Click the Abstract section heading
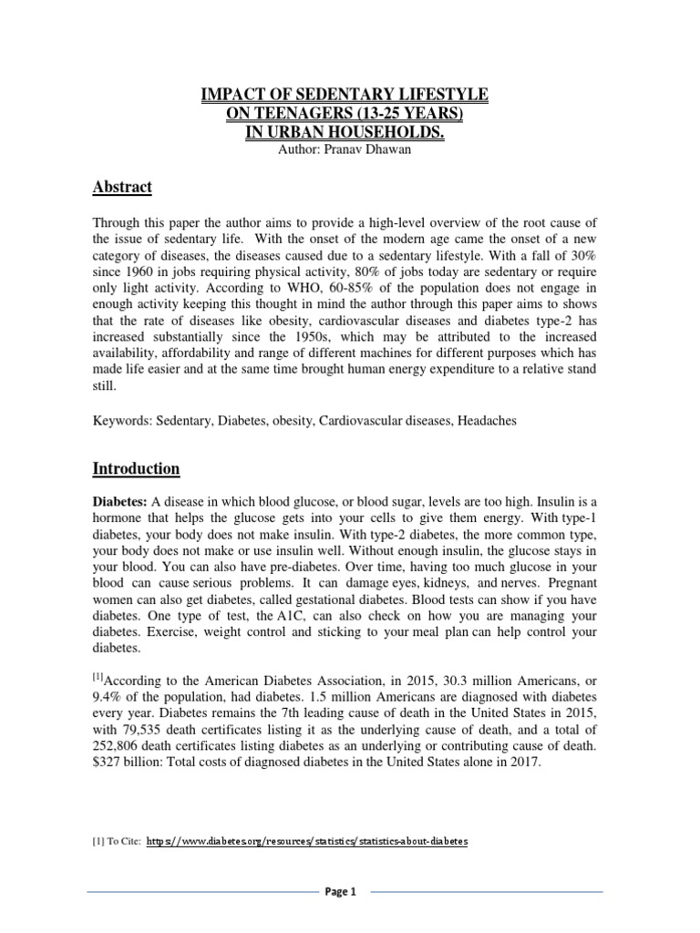point(122,188)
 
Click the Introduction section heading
point(137,469)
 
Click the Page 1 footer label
point(340,893)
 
